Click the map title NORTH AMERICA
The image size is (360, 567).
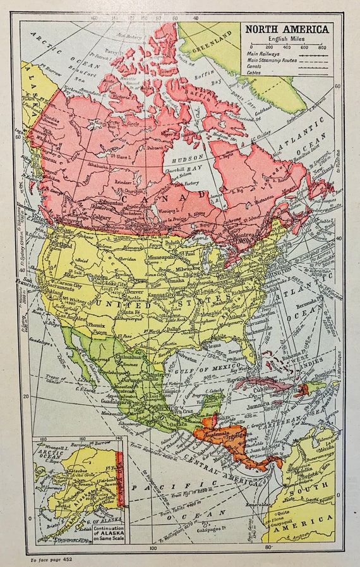click(x=287, y=29)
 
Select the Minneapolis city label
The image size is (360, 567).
click(x=179, y=258)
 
